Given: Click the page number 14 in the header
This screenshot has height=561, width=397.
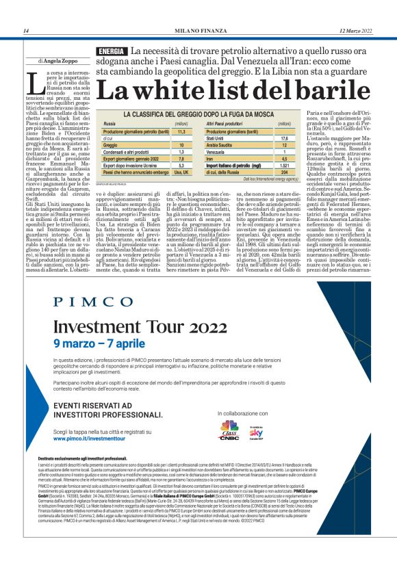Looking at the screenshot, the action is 25,31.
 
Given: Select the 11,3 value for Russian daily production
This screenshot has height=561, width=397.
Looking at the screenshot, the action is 181,131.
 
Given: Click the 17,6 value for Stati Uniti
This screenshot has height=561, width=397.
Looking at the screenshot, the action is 283,138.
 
